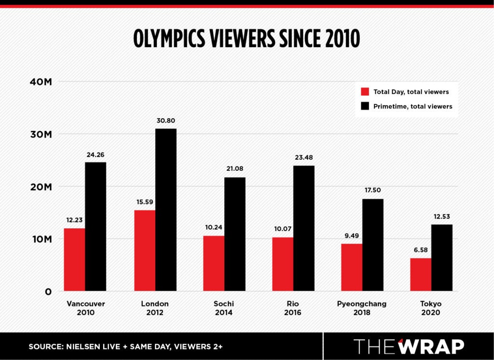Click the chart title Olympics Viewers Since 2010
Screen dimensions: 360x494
[247, 39]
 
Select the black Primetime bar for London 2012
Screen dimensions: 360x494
[165, 210]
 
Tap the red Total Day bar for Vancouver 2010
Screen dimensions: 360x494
[74, 260]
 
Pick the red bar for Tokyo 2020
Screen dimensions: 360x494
[421, 275]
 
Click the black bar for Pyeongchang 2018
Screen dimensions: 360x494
[372, 245]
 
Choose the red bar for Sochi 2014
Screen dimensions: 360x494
[213, 263]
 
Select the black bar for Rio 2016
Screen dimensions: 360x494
[304, 228]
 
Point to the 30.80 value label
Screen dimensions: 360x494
[165, 121]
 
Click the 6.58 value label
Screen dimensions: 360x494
[420, 250]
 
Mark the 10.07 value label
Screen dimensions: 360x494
[283, 229]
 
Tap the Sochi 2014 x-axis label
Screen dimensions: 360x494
[223, 308]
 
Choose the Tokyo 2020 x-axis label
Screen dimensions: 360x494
[431, 308]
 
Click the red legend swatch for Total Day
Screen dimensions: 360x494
[365, 92]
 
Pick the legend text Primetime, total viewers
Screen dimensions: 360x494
[412, 106]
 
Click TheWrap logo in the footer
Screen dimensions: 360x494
[409, 346]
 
